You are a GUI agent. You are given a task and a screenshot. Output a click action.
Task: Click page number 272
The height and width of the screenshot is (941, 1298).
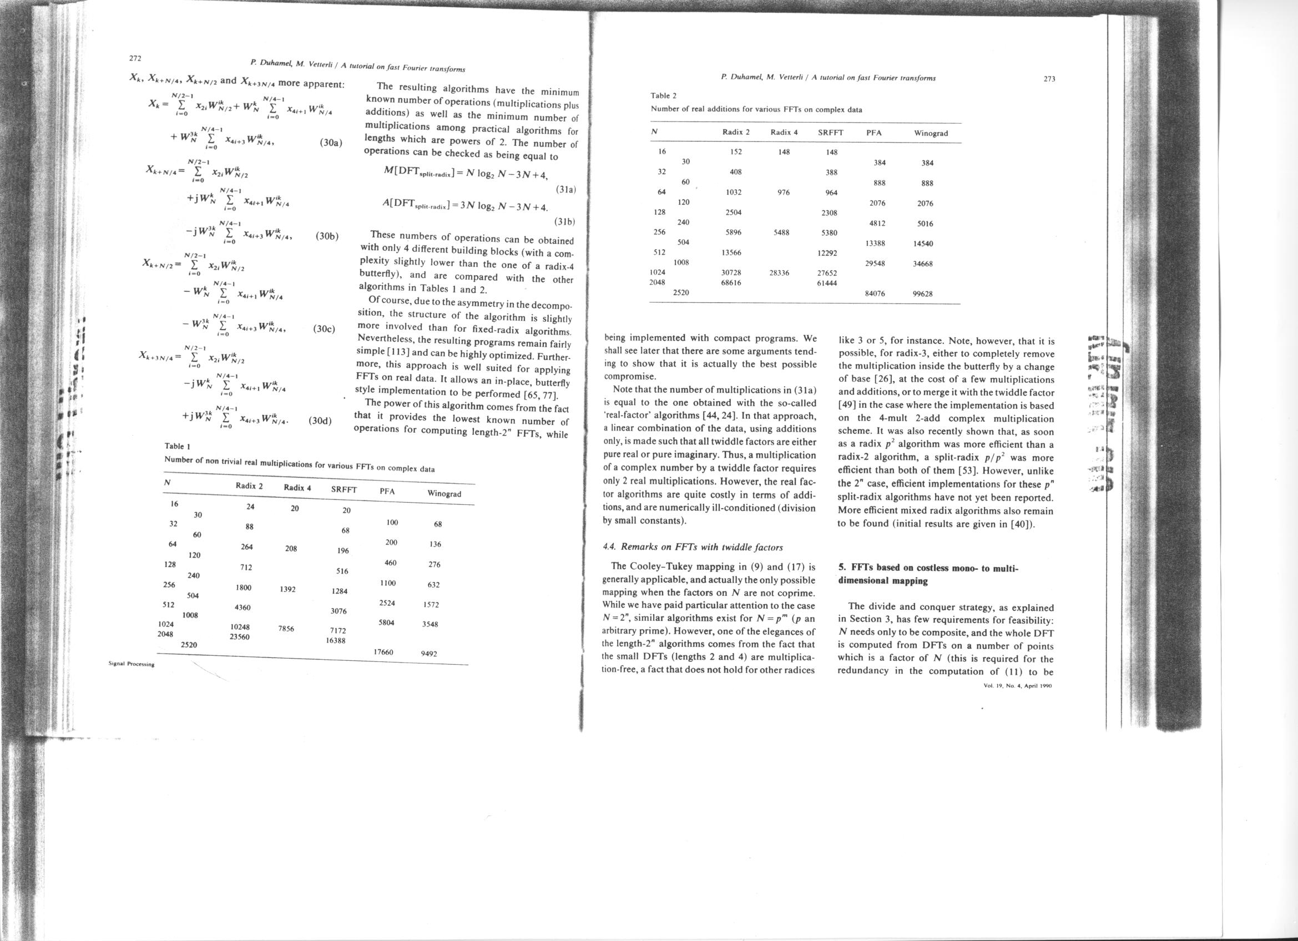coord(135,58)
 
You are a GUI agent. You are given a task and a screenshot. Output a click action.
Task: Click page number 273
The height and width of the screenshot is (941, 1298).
coord(1049,79)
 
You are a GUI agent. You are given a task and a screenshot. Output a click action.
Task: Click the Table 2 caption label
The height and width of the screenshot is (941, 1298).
coord(663,95)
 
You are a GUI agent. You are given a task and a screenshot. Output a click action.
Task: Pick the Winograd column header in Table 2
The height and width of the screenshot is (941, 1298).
coord(931,133)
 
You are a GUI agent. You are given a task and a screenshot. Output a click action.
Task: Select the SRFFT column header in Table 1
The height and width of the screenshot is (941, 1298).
coord(344,490)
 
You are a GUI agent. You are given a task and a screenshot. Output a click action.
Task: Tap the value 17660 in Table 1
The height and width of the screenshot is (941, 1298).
coord(384,651)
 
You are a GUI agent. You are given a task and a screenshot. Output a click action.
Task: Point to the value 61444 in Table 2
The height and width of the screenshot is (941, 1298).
coord(827,282)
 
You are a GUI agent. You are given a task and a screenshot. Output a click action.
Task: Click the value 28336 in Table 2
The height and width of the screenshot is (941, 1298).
coord(780,273)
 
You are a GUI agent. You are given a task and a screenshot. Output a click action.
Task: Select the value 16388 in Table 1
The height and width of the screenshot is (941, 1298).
coord(335,641)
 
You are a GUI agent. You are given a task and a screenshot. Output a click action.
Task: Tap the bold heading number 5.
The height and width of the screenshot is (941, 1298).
coord(841,568)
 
